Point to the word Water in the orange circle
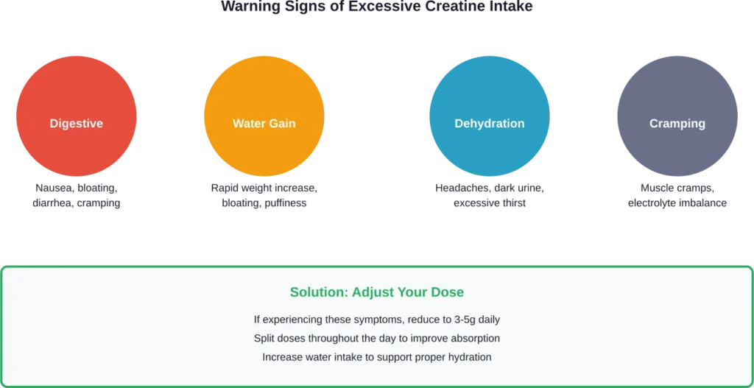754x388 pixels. click(x=248, y=124)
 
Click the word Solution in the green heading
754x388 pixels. click(x=317, y=292)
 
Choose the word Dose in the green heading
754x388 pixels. click(x=449, y=292)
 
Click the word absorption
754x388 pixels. click(x=473, y=339)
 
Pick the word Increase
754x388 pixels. click(x=283, y=357)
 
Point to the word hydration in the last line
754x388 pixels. click(x=468, y=357)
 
